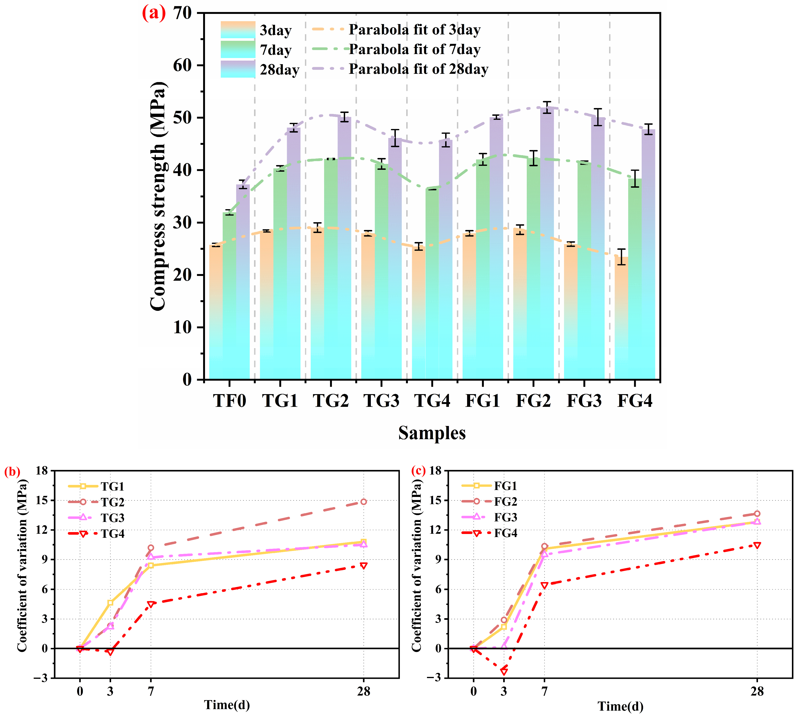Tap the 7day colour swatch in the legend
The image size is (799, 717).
pyautogui.click(x=238, y=50)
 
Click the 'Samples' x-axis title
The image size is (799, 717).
pyautogui.click(x=432, y=433)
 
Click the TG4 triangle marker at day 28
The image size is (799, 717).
pyautogui.click(x=363, y=566)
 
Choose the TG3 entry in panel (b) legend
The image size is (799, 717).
pyautogui.click(x=112, y=518)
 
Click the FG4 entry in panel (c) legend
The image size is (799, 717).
pyautogui.click(x=506, y=533)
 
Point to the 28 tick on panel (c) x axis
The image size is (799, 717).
pyautogui.click(x=757, y=691)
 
